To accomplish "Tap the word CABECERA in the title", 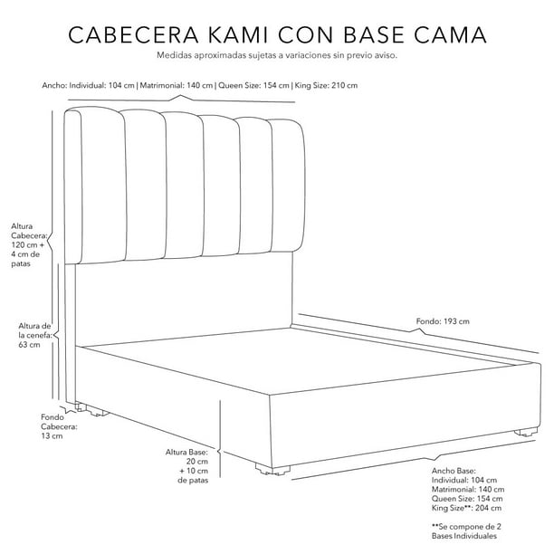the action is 133,34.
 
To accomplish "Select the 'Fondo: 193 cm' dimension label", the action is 443,321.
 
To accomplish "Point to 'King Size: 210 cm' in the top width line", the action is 326,85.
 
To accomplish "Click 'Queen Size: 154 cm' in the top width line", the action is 253,85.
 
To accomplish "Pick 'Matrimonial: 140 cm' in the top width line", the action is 177,85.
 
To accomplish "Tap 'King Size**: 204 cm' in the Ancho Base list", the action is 466,508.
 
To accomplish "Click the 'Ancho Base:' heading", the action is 454,471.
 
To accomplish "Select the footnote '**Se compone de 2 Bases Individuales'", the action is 466,531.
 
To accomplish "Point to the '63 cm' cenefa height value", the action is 29,345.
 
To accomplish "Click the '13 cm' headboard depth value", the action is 52,436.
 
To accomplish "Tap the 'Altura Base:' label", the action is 186,453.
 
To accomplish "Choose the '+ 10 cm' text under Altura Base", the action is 194,471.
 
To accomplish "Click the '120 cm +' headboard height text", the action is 27,245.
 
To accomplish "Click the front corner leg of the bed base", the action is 272,470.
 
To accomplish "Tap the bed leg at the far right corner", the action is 527,432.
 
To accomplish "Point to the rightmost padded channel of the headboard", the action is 287,186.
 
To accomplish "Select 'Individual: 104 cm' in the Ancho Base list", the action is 463,481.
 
